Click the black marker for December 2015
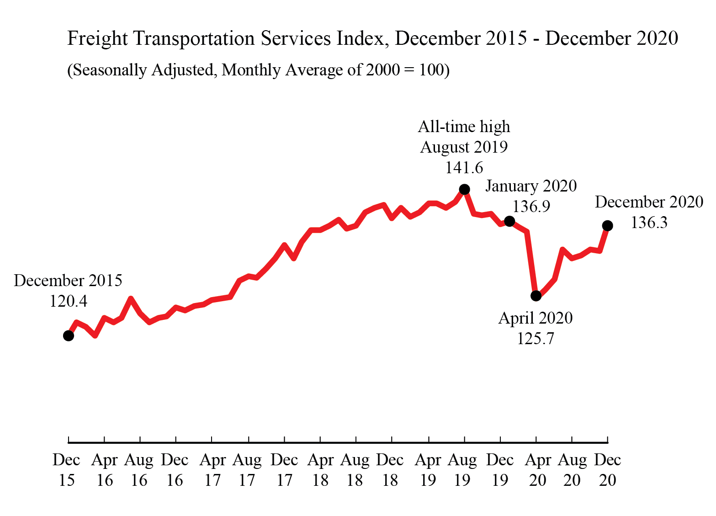[x=68, y=336]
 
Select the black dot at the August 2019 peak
[x=464, y=189]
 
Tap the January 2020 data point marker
[x=510, y=221]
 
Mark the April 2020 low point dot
[x=536, y=296]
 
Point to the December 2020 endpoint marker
[x=607, y=225]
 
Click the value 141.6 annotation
[x=464, y=168]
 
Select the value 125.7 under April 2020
[x=536, y=339]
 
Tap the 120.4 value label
[x=68, y=301]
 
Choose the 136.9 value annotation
[x=531, y=207]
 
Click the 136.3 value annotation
[x=649, y=223]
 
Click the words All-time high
[x=464, y=127]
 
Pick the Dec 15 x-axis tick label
[x=66, y=470]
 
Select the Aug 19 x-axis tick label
[x=462, y=470]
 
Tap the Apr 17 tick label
[x=212, y=470]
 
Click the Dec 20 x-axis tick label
[x=607, y=470]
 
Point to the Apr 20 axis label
[x=538, y=470]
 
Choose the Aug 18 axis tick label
[x=355, y=470]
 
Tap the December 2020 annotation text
[x=649, y=202]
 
